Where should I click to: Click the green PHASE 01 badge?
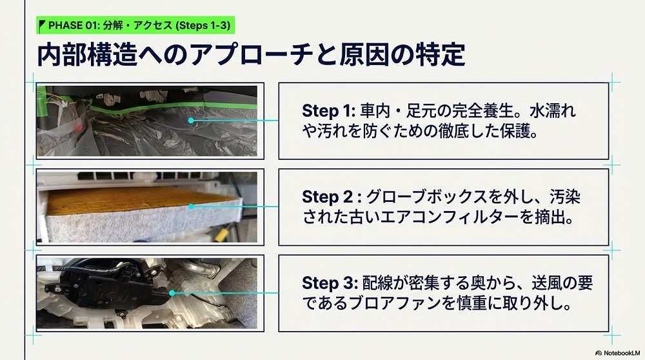pos(135,26)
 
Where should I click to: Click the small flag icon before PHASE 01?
pos(41,26)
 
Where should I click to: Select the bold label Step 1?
pos(328,111)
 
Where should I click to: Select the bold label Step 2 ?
pos(332,197)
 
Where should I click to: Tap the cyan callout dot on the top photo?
pos(191,121)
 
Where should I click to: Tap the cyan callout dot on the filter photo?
pos(191,206)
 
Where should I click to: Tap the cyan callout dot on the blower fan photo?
pos(172,293)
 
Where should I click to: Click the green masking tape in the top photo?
pos(173,107)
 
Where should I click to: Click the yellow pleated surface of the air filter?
pos(135,198)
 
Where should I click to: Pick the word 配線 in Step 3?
pos(377,283)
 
